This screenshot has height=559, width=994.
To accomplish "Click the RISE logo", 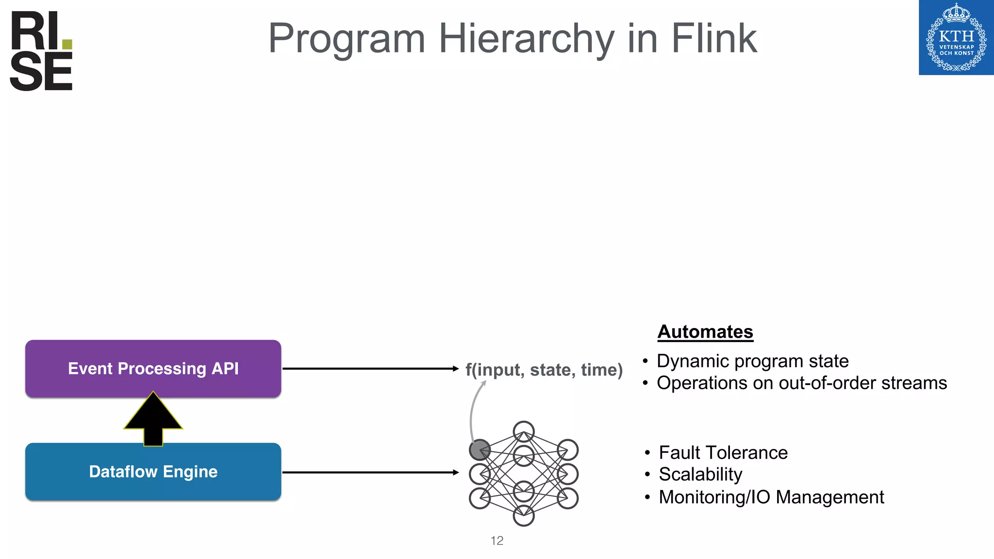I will pyautogui.click(x=41, y=51).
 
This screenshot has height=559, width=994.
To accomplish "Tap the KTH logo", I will pyautogui.click(x=956, y=38).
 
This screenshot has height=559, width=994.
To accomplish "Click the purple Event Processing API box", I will pyautogui.click(x=153, y=369).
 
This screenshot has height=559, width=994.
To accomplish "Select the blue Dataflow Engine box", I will pyautogui.click(x=153, y=472).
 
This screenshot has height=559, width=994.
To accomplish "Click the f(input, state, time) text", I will pyautogui.click(x=544, y=370).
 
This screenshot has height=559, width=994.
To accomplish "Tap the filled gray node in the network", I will pyautogui.click(x=480, y=450).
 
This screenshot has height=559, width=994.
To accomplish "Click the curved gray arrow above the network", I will pyautogui.click(x=473, y=408).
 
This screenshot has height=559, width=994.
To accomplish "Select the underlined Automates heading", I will pyautogui.click(x=705, y=332).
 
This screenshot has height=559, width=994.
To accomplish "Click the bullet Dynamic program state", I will pyautogui.click(x=752, y=361).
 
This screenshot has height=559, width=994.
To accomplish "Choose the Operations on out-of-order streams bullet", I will pyautogui.click(x=801, y=383).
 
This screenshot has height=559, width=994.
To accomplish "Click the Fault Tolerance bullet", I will pyautogui.click(x=723, y=453).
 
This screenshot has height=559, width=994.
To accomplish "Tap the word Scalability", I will pyautogui.click(x=700, y=474).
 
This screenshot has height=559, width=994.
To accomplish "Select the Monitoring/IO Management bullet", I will pyautogui.click(x=771, y=497).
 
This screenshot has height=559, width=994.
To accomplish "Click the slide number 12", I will pyautogui.click(x=497, y=541).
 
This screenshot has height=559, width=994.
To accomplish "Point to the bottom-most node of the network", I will pyautogui.click(x=524, y=515).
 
